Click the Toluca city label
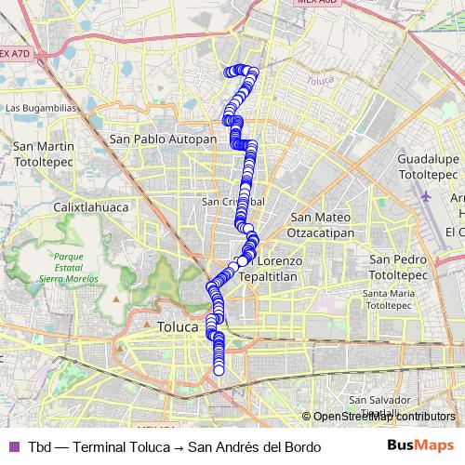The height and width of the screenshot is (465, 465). coord(179,327)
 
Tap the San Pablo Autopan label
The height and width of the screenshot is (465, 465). coord(163,139)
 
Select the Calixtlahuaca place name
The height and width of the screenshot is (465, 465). coord(89,206)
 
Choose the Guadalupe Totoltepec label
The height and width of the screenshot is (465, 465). coord(430,166)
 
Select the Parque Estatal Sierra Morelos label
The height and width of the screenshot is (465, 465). coord(69,266)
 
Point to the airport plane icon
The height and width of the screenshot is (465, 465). coord(426,196)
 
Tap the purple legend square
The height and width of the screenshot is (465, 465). coord(13,446)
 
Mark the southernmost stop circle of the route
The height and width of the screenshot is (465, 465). coord(219,370)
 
